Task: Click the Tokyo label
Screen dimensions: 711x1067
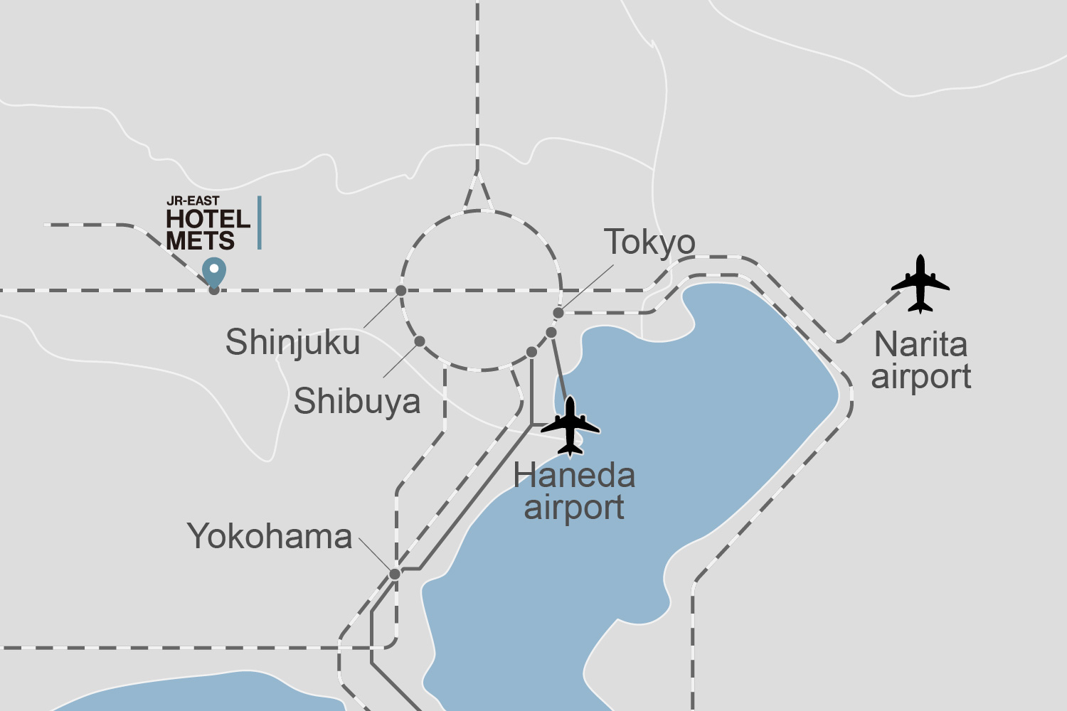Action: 649,242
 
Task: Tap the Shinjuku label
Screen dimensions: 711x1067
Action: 292,343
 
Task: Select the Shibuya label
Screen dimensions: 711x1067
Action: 357,402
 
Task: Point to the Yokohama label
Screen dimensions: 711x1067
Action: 270,537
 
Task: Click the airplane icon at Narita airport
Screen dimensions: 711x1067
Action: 920,284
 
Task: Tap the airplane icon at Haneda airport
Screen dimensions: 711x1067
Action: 570,426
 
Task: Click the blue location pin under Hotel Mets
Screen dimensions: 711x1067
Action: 214,272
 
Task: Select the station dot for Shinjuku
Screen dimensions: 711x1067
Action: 401,291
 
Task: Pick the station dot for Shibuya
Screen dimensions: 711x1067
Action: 420,342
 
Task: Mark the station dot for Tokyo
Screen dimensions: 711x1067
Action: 558,313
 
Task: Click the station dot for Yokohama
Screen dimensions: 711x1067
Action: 395,574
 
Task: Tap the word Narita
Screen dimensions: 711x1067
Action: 920,345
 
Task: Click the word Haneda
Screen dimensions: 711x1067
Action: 574,476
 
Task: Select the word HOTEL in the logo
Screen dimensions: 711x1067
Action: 208,219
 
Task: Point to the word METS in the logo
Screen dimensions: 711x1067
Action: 201,241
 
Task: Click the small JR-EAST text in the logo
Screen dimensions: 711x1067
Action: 193,201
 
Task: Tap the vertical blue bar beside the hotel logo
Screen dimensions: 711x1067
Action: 260,223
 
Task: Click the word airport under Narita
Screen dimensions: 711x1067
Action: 921,377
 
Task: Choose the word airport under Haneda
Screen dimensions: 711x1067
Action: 574,508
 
